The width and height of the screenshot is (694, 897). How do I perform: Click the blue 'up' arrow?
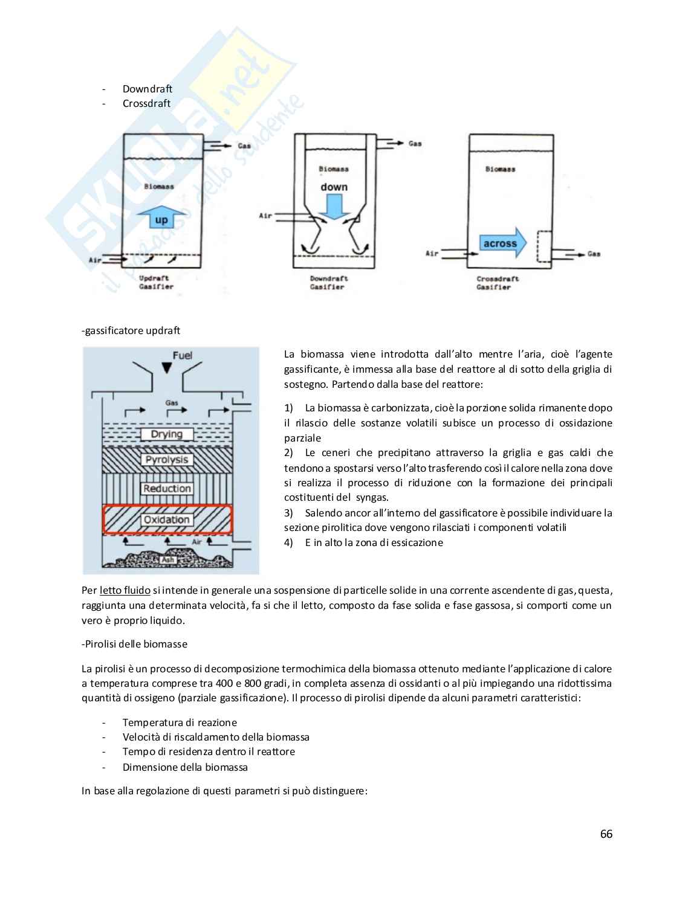point(161,219)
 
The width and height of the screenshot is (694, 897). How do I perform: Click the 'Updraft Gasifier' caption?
point(155,283)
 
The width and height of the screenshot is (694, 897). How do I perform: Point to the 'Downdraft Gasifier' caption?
point(328,283)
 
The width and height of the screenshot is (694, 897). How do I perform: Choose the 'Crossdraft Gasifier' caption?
point(497,283)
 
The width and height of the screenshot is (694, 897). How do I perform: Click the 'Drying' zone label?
point(166,434)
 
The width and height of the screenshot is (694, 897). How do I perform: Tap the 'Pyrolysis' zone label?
point(167,460)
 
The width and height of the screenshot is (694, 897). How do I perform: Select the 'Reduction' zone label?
point(167,489)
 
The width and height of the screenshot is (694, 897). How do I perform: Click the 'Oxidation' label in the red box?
point(167,519)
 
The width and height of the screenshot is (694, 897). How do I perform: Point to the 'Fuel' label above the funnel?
point(182,355)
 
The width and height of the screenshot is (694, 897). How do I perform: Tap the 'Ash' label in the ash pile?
point(168,560)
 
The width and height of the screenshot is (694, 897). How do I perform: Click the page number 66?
point(606,834)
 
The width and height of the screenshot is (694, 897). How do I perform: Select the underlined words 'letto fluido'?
point(125,590)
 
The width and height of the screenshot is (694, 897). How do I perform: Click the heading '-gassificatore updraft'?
point(131,330)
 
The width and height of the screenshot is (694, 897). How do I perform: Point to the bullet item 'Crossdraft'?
point(146,103)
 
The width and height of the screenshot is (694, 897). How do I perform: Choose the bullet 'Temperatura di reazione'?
point(180,722)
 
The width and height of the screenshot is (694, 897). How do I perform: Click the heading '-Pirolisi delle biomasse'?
point(134,644)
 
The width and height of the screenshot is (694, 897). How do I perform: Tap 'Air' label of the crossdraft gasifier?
point(432,253)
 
